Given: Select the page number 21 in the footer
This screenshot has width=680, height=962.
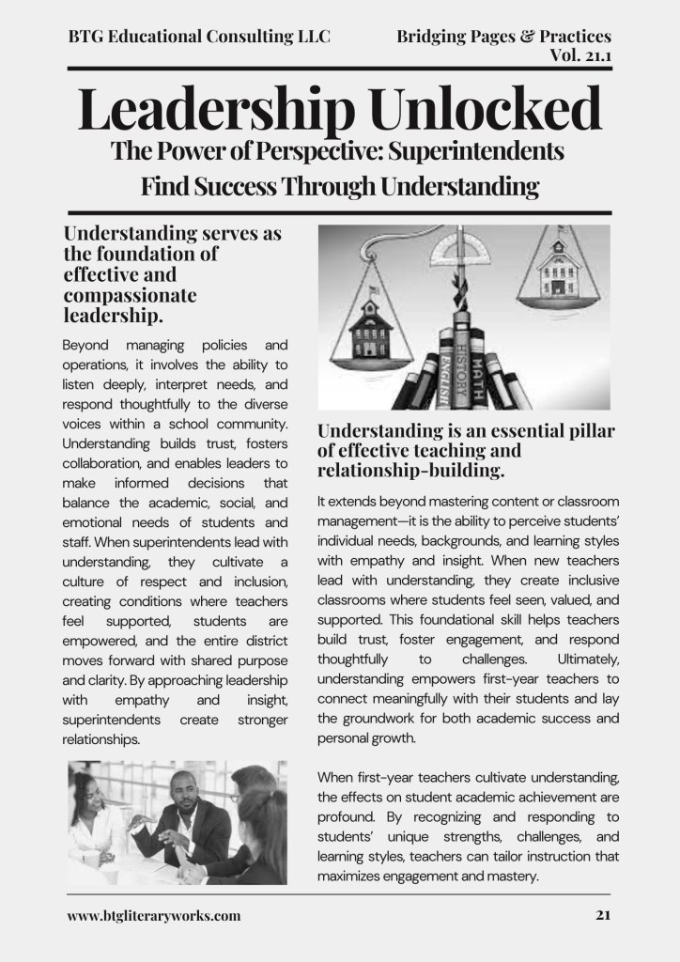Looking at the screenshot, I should pos(604,915).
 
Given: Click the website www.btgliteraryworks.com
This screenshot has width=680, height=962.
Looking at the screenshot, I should pos(154,915).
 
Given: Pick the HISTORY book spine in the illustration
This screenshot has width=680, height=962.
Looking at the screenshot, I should pos(461,370).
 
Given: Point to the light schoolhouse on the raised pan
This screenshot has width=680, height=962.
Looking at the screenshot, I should pos(558,270).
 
